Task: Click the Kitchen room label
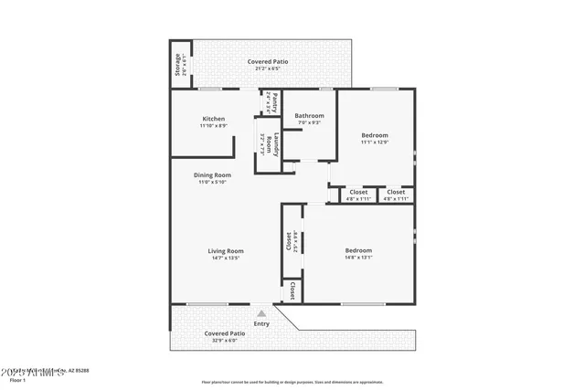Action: click(x=213, y=119)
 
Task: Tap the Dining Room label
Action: click(x=212, y=174)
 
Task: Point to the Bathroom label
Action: click(x=309, y=116)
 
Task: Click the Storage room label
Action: click(x=177, y=63)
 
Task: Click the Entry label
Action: click(x=262, y=323)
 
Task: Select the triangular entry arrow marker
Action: click(x=261, y=313)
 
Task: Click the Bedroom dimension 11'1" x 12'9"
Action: click(x=375, y=142)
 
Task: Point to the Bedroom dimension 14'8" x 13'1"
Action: click(x=358, y=258)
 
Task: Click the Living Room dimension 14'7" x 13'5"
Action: click(x=225, y=258)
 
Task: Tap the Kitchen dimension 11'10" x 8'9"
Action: click(x=213, y=126)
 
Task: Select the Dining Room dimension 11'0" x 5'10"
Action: click(x=212, y=182)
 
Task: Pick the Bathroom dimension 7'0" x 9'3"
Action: click(x=309, y=123)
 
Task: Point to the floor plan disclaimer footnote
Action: click(x=292, y=382)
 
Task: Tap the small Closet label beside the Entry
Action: click(x=292, y=290)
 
